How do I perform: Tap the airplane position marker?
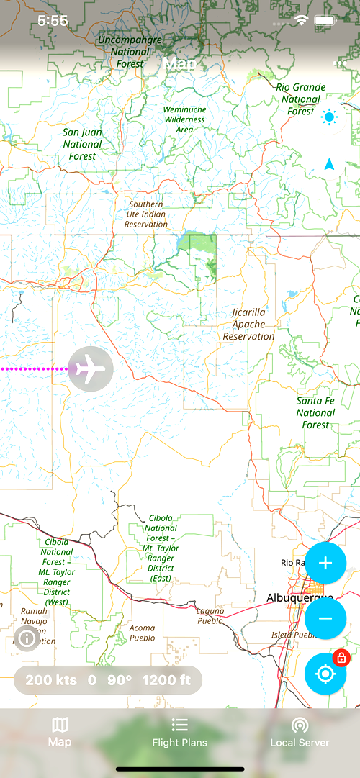click(x=91, y=368)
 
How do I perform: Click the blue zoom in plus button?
click(x=325, y=563)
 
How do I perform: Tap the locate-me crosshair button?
click(x=325, y=674)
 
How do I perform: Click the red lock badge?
click(x=341, y=656)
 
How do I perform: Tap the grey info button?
click(x=27, y=638)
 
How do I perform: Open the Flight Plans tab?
click(x=179, y=732)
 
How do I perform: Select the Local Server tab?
click(x=300, y=732)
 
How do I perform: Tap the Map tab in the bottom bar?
click(x=60, y=732)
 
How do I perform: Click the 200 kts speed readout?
click(x=50, y=680)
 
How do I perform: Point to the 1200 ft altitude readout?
click(x=166, y=680)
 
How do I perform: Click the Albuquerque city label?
click(x=299, y=597)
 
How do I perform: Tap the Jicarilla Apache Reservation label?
click(x=248, y=324)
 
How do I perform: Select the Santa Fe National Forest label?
click(x=315, y=412)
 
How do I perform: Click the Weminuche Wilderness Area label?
click(x=185, y=119)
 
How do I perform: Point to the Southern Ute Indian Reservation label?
click(x=146, y=214)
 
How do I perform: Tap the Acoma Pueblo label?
click(x=142, y=633)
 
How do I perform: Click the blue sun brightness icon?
click(x=330, y=117)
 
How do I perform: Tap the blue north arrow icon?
click(x=330, y=164)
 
